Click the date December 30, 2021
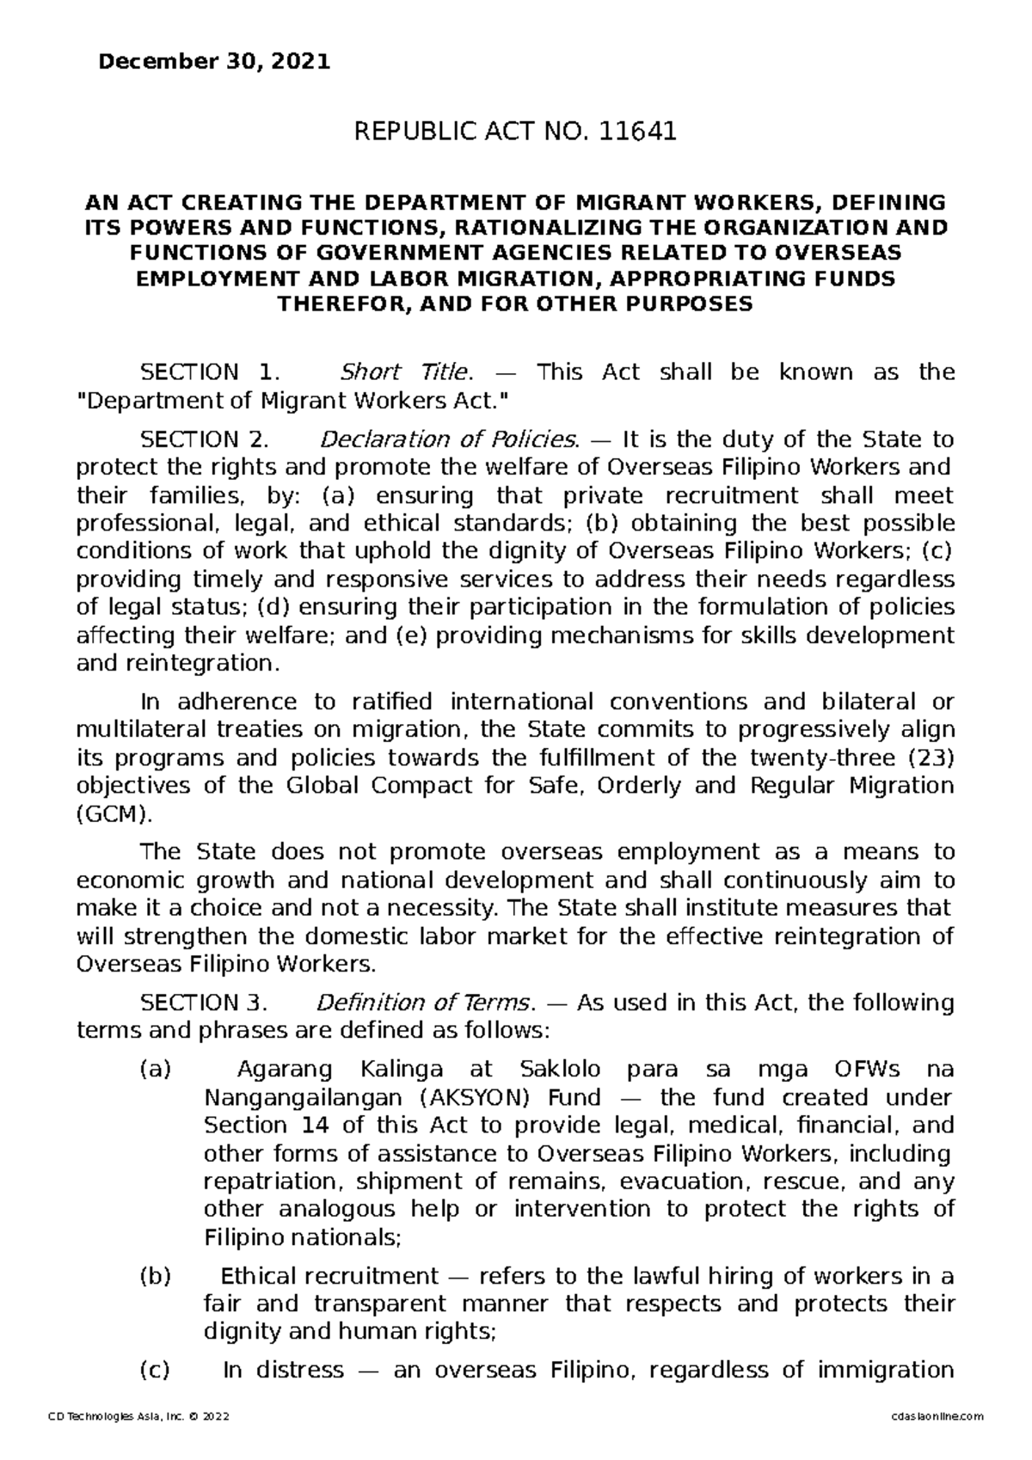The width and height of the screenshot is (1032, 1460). [x=214, y=63]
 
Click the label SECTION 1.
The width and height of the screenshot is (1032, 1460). [x=210, y=372]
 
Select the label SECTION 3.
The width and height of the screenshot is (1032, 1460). [x=205, y=1003]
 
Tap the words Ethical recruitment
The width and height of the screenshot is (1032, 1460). [x=329, y=1276]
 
